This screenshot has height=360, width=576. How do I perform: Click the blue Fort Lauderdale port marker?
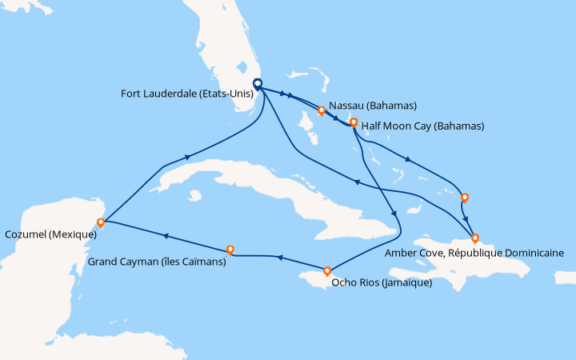(x=258, y=83)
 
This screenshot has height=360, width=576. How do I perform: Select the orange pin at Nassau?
(x=321, y=111)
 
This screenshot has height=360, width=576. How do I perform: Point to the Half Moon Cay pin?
(x=353, y=122)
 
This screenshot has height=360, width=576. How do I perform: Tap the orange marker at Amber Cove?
(x=475, y=238)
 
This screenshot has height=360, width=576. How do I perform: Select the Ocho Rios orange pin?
(x=327, y=270)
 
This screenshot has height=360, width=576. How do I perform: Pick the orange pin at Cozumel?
(x=101, y=222)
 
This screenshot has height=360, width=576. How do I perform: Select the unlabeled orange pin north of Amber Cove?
(x=464, y=197)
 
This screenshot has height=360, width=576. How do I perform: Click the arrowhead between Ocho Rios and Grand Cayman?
(x=278, y=258)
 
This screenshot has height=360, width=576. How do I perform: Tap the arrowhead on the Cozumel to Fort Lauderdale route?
(x=189, y=157)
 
